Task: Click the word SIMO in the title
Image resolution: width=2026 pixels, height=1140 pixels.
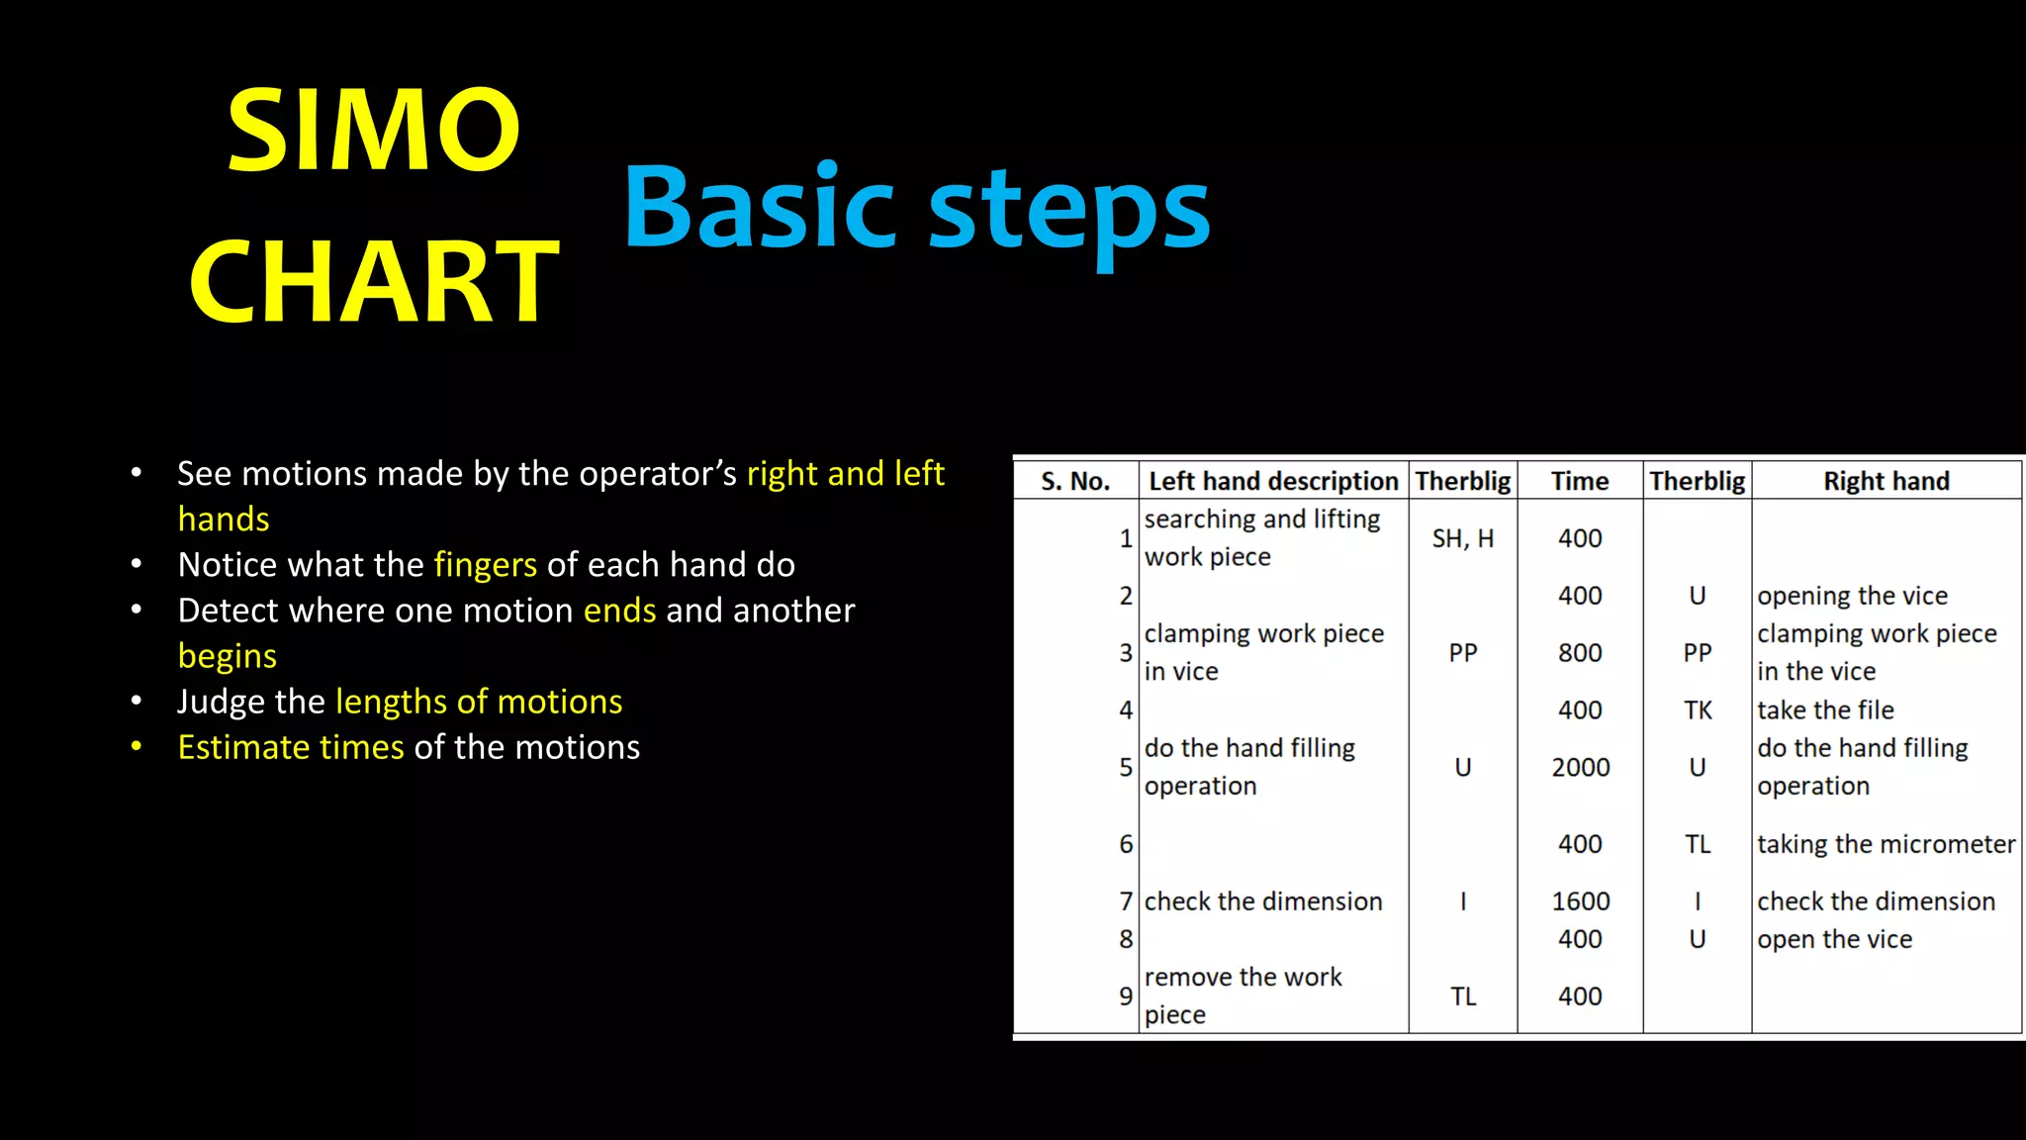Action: click(373, 131)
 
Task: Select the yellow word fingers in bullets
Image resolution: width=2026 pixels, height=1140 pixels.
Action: click(485, 564)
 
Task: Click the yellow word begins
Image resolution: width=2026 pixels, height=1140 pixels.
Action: click(227, 656)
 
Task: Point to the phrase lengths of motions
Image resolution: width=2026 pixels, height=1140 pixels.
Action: click(479, 702)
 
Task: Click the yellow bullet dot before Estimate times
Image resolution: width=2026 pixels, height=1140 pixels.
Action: click(137, 747)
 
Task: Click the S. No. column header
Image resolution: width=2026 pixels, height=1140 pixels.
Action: click(1075, 481)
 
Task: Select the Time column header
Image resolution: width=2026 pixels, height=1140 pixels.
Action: click(1579, 481)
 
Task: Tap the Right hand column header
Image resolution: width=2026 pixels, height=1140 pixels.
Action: click(1886, 481)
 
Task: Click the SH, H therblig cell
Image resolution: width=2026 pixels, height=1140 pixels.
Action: click(1462, 538)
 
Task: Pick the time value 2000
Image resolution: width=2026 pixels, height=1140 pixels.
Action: click(1580, 767)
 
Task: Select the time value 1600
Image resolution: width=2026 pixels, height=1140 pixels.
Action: click(1580, 902)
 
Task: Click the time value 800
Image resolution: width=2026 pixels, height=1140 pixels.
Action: click(1580, 653)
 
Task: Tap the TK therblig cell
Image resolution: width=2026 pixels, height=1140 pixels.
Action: click(1698, 710)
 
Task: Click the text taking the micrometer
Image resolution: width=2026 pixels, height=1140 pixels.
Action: click(1886, 844)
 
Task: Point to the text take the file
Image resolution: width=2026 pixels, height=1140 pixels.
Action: click(1825, 710)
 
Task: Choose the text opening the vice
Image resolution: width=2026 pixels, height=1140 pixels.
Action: click(1852, 596)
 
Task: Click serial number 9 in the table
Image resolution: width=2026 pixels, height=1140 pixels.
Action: click(1125, 997)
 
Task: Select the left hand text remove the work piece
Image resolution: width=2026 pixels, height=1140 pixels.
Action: click(1243, 996)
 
